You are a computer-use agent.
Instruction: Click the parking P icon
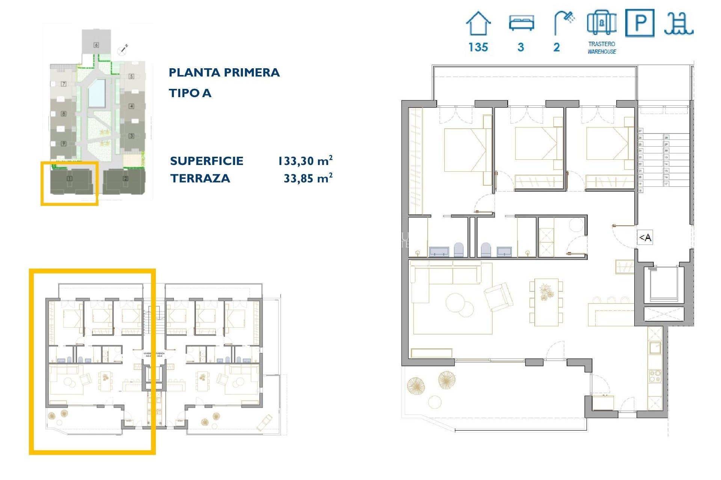[640, 23]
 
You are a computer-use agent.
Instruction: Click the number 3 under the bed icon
[520, 47]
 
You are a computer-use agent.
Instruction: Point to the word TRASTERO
[602, 44]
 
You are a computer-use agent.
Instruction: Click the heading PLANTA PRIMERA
[224, 72]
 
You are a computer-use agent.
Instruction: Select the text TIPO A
[190, 93]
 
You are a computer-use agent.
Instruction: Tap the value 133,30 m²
[305, 161]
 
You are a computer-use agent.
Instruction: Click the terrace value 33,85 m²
[308, 178]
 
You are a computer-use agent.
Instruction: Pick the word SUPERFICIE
[207, 161]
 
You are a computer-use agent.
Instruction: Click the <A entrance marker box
[645, 237]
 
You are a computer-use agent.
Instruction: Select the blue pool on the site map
[97, 93]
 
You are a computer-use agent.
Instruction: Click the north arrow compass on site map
[123, 49]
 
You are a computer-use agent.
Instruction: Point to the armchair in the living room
[499, 296]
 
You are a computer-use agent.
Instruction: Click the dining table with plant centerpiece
[546, 301]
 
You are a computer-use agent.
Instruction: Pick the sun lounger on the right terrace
[264, 423]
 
